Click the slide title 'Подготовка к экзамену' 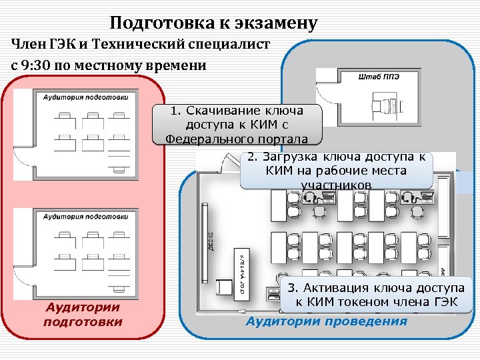click(x=213, y=24)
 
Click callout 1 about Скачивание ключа click(x=237, y=125)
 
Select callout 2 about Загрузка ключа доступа click(x=336, y=170)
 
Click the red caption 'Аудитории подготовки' click(x=83, y=315)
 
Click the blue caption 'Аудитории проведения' click(x=326, y=321)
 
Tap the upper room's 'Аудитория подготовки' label click(x=85, y=97)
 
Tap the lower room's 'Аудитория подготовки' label click(x=85, y=216)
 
